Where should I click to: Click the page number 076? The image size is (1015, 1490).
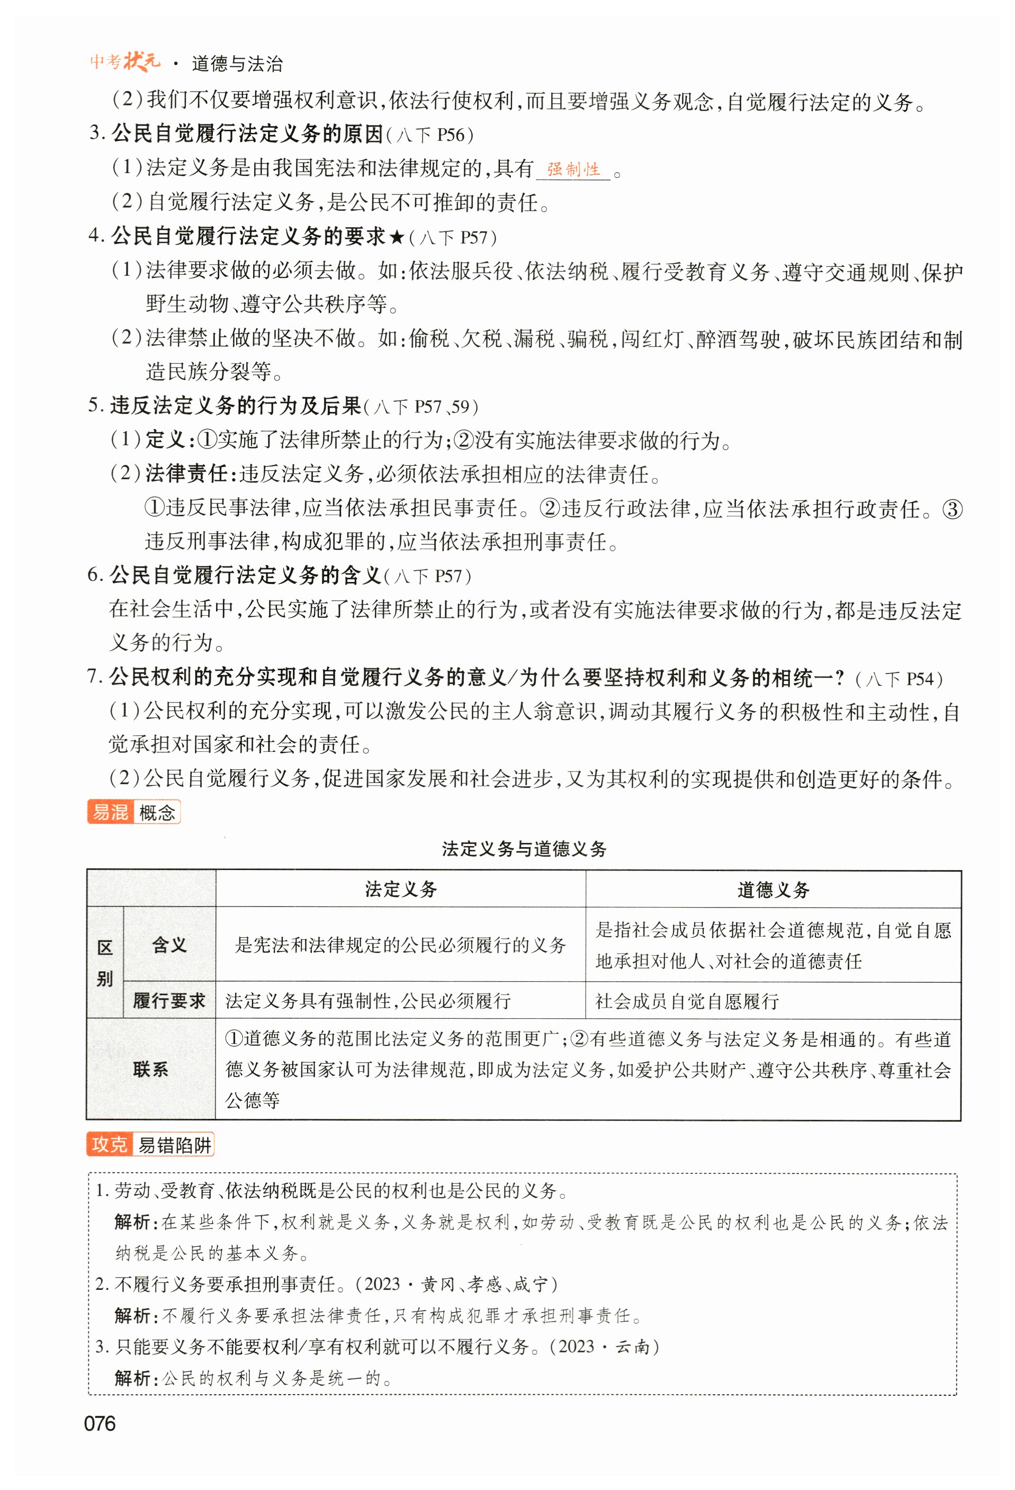(100, 1423)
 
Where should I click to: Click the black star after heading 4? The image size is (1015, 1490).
(397, 238)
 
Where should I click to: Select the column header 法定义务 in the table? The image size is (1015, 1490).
(401, 889)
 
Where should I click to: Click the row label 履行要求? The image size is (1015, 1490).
(169, 1001)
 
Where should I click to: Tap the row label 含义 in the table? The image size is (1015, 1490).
(169, 945)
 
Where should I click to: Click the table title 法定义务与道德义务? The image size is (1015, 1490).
(524, 849)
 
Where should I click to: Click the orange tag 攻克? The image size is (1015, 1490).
(110, 1144)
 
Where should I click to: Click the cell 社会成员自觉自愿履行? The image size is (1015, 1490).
(687, 1001)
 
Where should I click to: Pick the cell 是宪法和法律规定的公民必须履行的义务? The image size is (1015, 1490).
(401, 945)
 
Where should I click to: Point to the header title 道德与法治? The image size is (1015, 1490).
(237, 64)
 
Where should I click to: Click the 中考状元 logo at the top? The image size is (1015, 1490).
(125, 61)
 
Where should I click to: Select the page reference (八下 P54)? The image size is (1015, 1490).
(899, 679)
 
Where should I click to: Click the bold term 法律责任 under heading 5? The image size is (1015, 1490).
(186, 474)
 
